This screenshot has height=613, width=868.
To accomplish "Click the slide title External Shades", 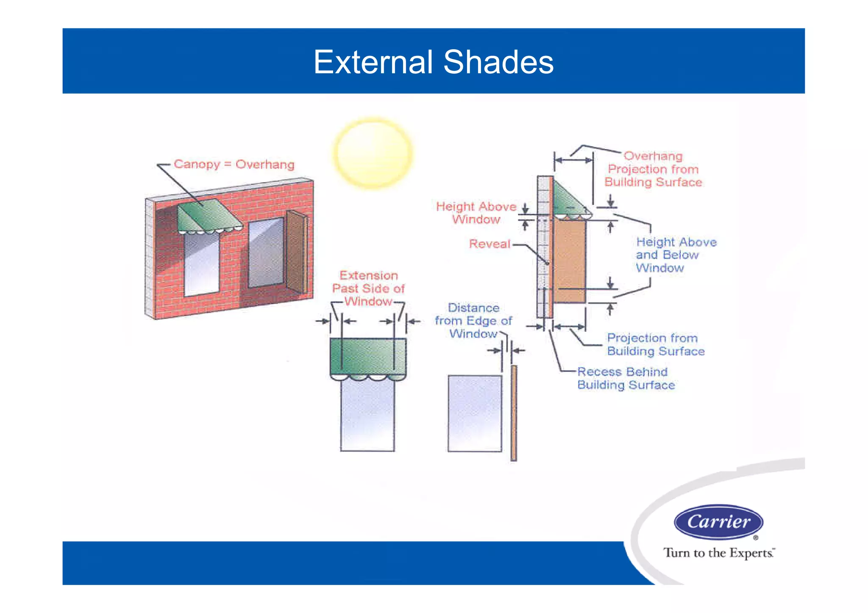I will pos(433,62).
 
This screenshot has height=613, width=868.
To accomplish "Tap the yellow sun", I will pos(373,153).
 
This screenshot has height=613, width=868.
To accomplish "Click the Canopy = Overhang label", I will pos(234,164).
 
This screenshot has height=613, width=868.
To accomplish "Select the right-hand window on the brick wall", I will pos(266,252).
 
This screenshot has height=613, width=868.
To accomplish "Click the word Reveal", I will pos(490,244).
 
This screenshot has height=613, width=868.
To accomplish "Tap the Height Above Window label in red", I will pos(476,213).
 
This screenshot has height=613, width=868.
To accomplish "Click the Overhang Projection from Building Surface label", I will pos(653,169).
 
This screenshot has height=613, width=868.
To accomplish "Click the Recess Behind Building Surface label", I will pos(626,378).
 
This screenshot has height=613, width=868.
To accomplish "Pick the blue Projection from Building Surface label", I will pos(655,344).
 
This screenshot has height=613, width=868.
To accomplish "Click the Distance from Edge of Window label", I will pos(473,321).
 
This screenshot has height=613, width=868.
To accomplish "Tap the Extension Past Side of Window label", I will pos(368,288).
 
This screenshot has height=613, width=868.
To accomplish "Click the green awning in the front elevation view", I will pos(367,356).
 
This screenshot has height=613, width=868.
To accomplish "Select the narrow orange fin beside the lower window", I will pos(514,413).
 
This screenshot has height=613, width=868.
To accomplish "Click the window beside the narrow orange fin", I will pos(475,413).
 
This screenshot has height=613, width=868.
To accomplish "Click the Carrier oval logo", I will pos(718,521).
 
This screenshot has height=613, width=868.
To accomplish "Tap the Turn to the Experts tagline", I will pos(719,553).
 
